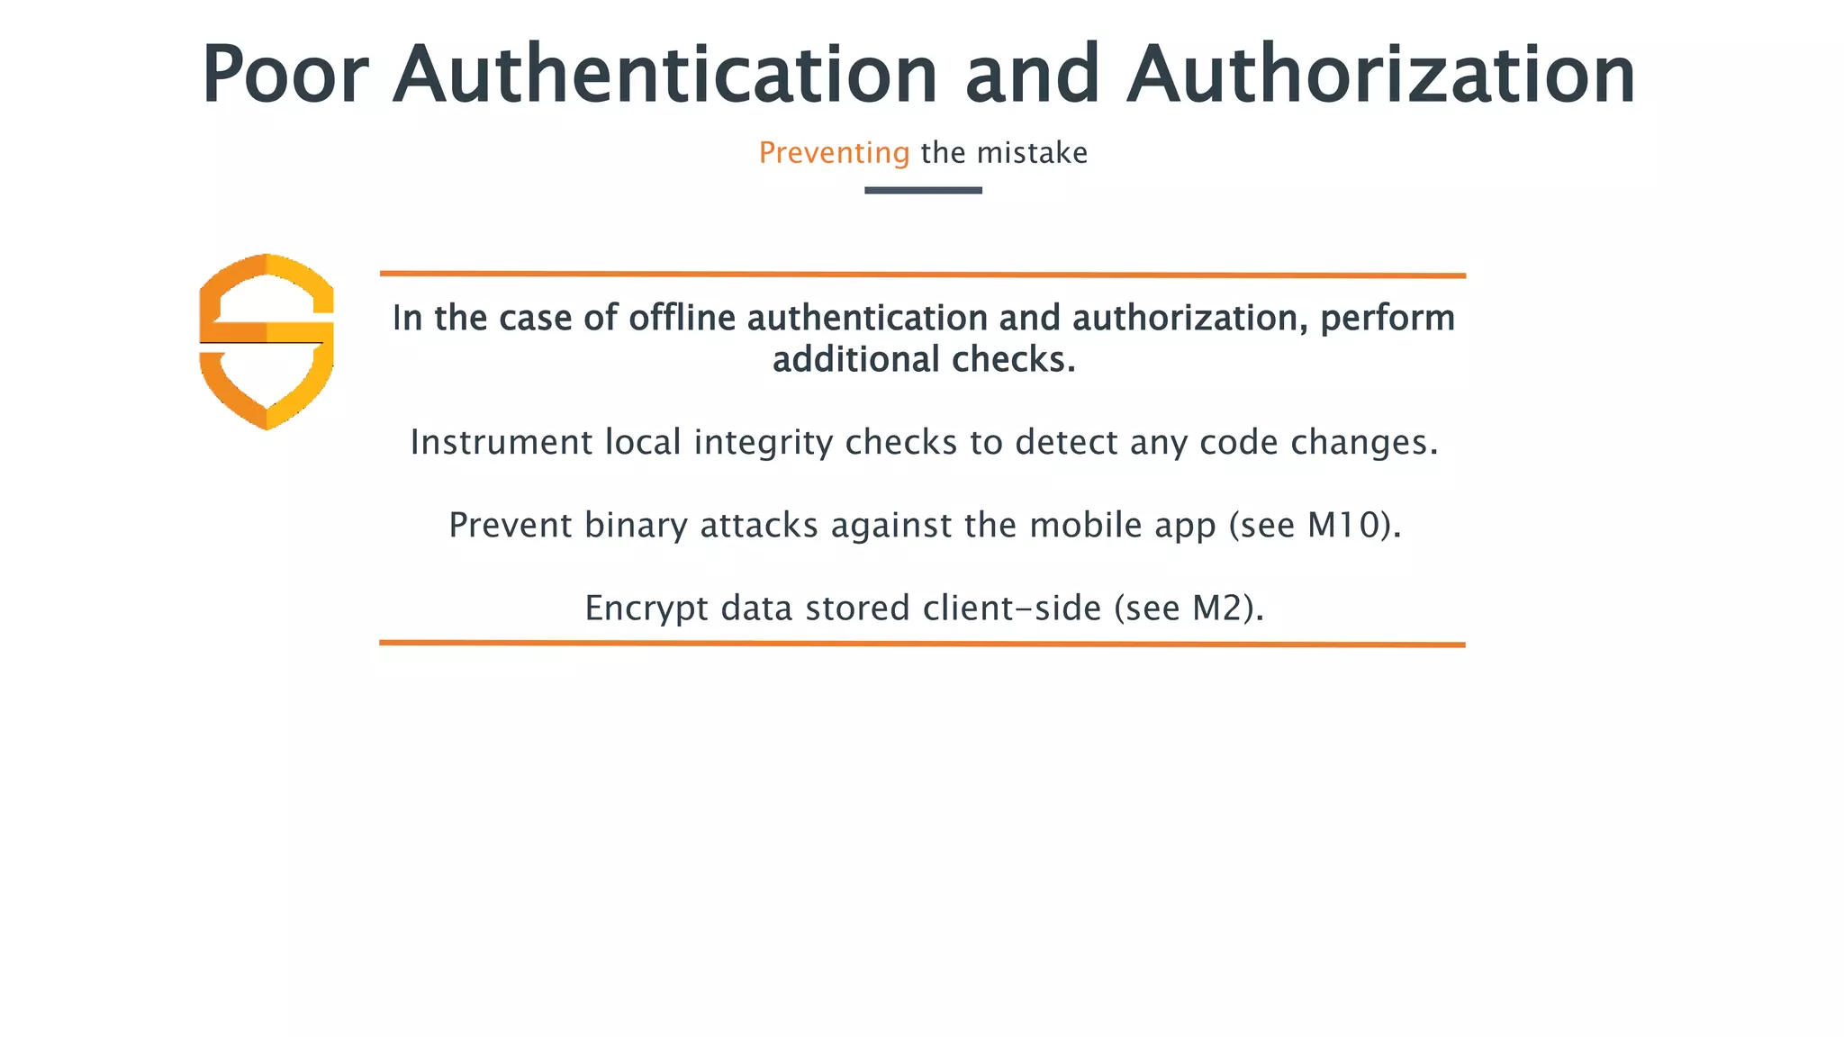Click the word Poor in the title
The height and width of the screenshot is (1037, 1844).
click(x=285, y=76)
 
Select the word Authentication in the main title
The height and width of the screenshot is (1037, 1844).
click(x=665, y=76)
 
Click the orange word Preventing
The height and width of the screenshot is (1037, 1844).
click(x=834, y=153)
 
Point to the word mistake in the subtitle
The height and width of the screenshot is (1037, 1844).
click(x=1032, y=153)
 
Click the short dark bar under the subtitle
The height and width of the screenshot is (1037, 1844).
click(x=923, y=190)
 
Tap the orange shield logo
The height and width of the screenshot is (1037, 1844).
click(x=267, y=341)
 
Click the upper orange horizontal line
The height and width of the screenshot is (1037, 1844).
click(x=922, y=275)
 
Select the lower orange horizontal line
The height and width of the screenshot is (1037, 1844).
click(x=922, y=644)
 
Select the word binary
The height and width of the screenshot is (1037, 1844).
click(x=636, y=526)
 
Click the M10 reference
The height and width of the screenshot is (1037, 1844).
click(x=1343, y=526)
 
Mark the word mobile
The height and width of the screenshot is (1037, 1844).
click(x=1086, y=526)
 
